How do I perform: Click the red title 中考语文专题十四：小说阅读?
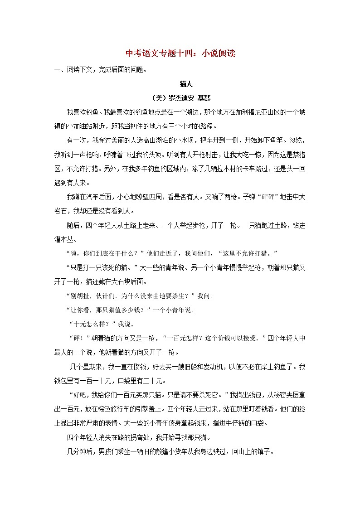click(180, 54)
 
